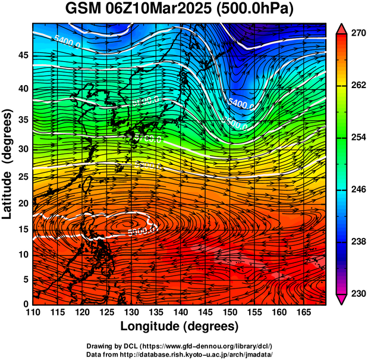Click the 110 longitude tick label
[33, 312]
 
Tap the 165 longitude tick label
[302, 312]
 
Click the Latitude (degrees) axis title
[8, 164]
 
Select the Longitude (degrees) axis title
[180, 326]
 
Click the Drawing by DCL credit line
[179, 346]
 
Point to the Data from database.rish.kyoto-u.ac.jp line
[179, 354]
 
